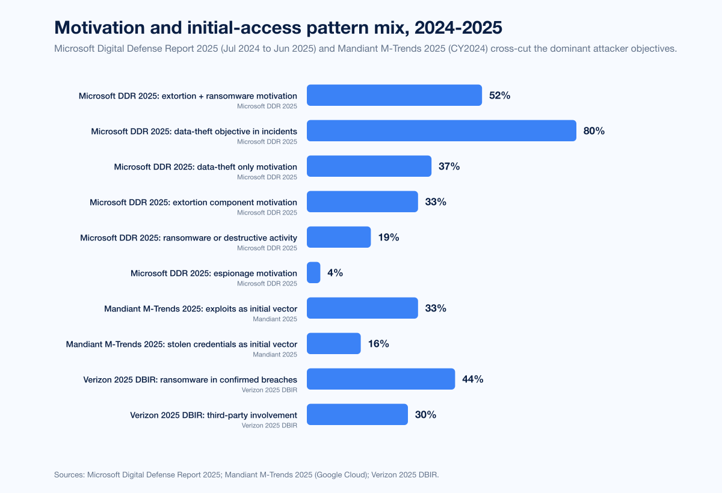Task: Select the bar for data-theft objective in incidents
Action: click(x=442, y=130)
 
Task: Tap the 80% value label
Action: click(x=594, y=130)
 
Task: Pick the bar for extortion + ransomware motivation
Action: click(x=394, y=95)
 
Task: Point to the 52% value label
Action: click(x=499, y=95)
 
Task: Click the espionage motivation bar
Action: click(x=313, y=272)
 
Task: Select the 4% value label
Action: click(x=335, y=272)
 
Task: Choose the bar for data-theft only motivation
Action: click(x=369, y=166)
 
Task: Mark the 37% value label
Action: click(x=449, y=166)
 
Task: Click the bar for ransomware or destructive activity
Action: click(x=339, y=237)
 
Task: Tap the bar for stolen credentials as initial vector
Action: click(x=334, y=343)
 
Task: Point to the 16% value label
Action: click(x=378, y=343)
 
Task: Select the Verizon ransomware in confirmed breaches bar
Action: click(x=381, y=379)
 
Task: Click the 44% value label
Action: click(x=472, y=379)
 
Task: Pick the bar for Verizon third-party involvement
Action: click(x=357, y=414)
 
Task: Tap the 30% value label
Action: click(x=425, y=414)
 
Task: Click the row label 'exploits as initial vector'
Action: click(x=200, y=308)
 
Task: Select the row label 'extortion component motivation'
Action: click(x=193, y=202)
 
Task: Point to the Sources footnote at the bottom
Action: click(x=247, y=474)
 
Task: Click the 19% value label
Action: click(x=389, y=237)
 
